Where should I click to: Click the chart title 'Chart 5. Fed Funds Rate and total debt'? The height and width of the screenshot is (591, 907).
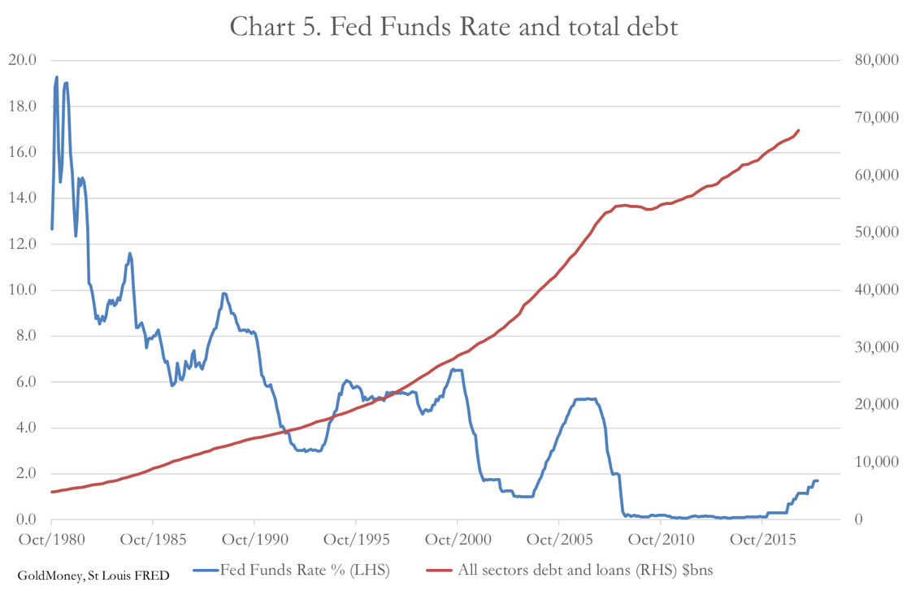[x=453, y=26]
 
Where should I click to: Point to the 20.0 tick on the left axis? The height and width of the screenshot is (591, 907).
[x=22, y=60]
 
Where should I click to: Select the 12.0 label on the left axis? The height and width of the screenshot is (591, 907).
[x=22, y=244]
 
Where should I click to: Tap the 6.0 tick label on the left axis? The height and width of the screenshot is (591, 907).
[x=22, y=382]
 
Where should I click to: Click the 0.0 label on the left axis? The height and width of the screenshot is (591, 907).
[x=22, y=520]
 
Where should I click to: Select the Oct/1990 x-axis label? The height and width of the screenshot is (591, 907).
[x=254, y=539]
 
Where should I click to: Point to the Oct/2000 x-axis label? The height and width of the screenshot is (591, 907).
[x=457, y=539]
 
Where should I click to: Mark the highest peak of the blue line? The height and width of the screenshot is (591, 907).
[x=57, y=77]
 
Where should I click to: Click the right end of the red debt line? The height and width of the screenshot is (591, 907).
[x=799, y=130]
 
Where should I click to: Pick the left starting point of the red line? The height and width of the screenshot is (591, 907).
[x=52, y=492]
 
